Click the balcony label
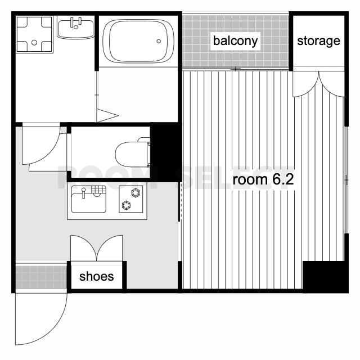(235, 41)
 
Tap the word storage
(318, 41)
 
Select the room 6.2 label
(263, 179)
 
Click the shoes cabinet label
(96, 276)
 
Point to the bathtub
(138, 41)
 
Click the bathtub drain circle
(159, 41)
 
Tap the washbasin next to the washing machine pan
(75, 29)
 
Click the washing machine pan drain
(34, 43)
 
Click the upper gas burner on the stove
(136, 192)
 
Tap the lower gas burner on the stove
(126, 205)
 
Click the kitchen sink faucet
(84, 193)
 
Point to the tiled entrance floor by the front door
(41, 277)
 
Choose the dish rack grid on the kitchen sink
(99, 190)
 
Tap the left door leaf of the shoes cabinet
(84, 248)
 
